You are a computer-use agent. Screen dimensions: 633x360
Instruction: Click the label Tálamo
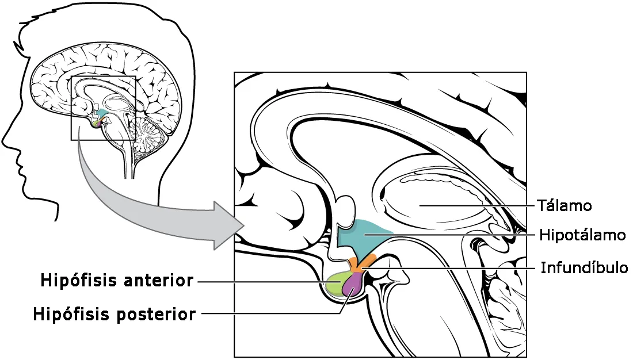[565, 205]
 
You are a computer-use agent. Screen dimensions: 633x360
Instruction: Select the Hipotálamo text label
[582, 235]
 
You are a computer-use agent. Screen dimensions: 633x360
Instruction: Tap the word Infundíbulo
[584, 267]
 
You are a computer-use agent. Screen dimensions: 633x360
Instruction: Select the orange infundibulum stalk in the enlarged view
[360, 263]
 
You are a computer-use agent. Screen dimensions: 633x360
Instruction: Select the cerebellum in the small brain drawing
[148, 135]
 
